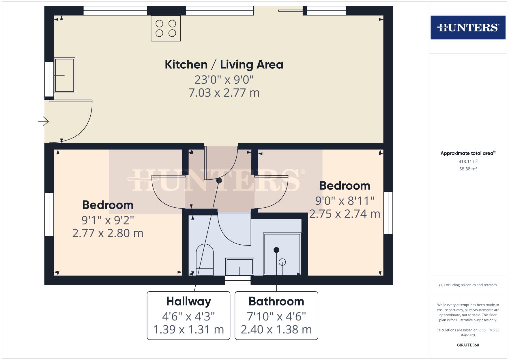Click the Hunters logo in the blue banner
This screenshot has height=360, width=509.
(x=468, y=27)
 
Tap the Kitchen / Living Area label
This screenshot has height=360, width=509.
(x=224, y=64)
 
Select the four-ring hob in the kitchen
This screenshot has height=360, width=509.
(x=166, y=28)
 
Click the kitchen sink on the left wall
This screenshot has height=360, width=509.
(x=64, y=75)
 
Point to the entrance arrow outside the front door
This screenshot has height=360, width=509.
(x=44, y=121)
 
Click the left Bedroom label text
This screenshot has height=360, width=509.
(x=108, y=205)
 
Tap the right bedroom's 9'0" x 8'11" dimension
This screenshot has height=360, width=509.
(x=345, y=201)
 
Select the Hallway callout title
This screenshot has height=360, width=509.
(x=189, y=301)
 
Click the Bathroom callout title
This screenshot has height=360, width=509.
(x=276, y=301)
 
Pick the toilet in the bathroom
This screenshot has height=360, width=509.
(x=204, y=260)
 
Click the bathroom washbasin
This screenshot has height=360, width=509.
(x=239, y=266)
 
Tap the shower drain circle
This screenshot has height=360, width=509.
(x=282, y=262)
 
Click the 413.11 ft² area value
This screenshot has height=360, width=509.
(x=468, y=162)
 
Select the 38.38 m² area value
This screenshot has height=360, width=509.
(x=468, y=169)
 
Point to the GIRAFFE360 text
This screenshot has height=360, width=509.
(x=468, y=345)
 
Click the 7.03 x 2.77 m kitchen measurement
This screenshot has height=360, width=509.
(x=224, y=93)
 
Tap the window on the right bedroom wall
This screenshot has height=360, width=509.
(x=388, y=213)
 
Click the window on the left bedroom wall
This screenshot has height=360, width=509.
(x=49, y=215)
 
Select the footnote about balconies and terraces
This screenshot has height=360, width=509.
(x=468, y=285)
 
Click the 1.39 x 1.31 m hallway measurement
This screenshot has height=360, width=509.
(x=188, y=329)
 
